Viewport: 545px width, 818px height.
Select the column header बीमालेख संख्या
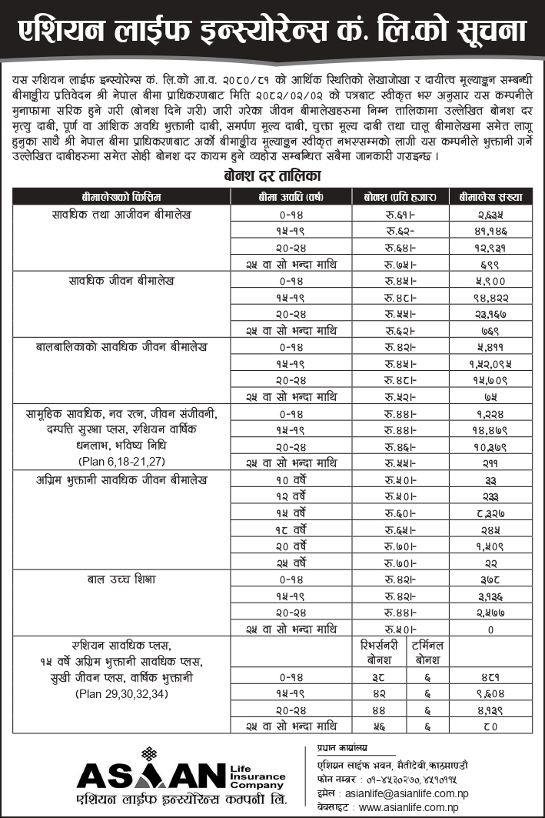(x=490, y=195)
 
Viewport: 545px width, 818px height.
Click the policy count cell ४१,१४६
(x=490, y=231)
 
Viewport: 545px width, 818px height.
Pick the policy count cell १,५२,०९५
(x=490, y=363)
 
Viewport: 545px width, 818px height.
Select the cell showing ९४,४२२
(x=490, y=297)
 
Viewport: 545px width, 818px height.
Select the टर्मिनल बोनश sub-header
(x=427, y=653)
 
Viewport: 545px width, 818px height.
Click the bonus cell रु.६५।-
(x=400, y=529)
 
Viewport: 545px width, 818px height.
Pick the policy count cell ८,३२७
(x=490, y=513)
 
